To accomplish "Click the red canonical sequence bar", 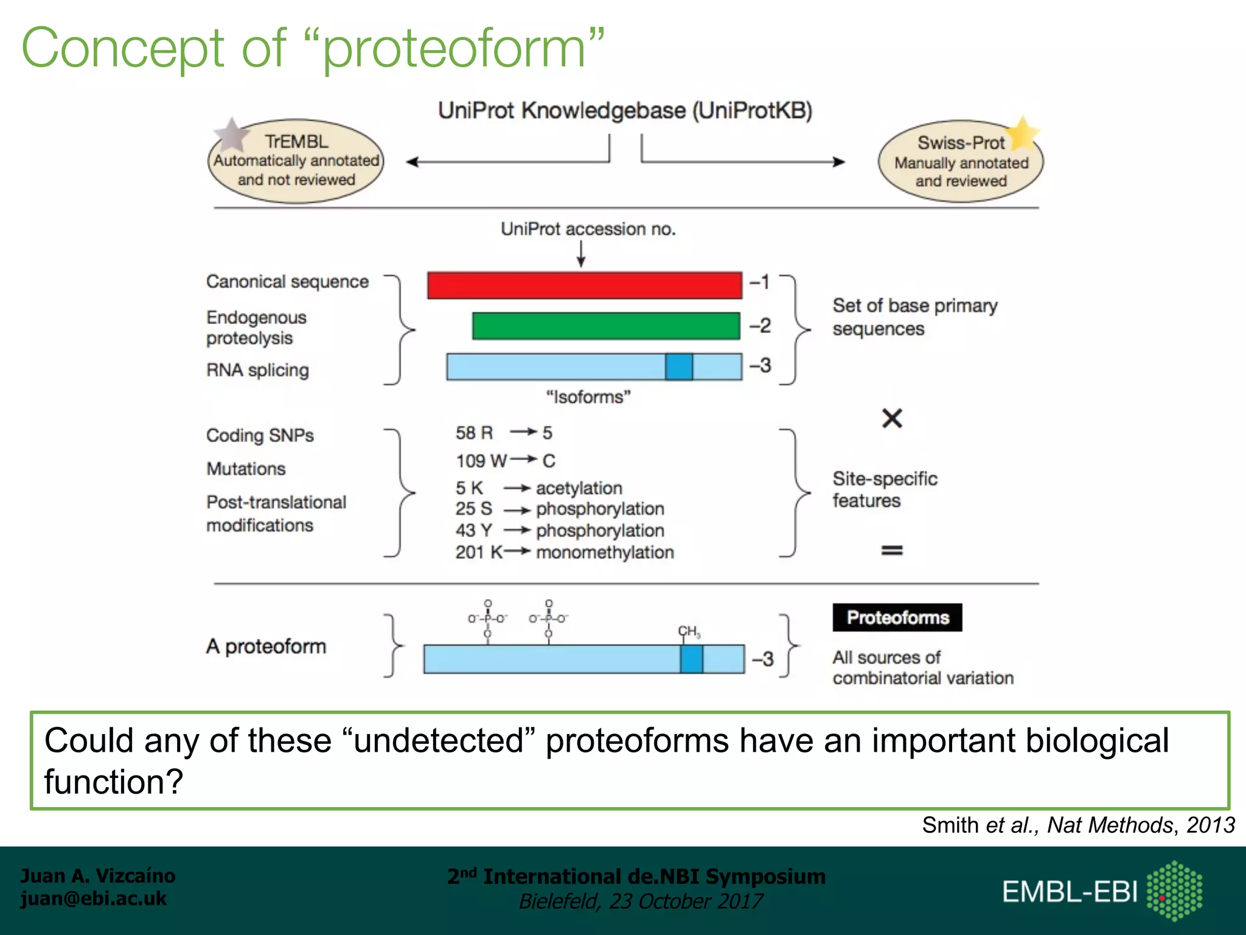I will (584, 285).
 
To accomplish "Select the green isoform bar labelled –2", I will (606, 326).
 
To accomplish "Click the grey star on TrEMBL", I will (232, 135).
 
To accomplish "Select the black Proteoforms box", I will (897, 617).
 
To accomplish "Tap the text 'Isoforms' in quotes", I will (588, 397).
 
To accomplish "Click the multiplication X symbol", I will (892, 418).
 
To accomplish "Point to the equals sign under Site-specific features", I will (892, 550).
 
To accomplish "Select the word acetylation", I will (579, 488).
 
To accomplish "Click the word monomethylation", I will (605, 552).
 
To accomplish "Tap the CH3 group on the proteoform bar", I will (689, 632).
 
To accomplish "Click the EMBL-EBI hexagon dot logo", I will (1174, 891).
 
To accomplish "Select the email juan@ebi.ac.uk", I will (93, 898).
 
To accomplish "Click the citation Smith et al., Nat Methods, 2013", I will (1077, 825).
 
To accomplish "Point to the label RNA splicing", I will (257, 370).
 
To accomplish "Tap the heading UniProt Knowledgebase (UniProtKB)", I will (625, 111).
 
